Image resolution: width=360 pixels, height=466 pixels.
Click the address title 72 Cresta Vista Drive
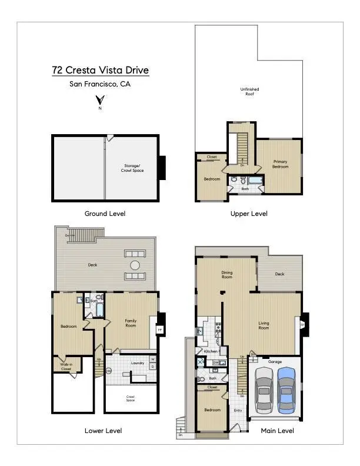click(100, 71)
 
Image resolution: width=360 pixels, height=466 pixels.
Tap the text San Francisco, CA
click(100, 84)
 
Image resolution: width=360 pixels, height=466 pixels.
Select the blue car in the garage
click(286, 389)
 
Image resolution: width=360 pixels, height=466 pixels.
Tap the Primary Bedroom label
click(281, 164)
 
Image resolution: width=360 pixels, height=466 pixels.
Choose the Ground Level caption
click(105, 214)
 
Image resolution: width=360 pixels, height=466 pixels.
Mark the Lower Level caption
click(104, 431)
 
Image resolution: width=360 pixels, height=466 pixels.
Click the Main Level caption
click(278, 431)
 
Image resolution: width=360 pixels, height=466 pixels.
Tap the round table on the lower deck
click(135, 265)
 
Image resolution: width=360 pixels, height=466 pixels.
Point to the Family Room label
click(131, 323)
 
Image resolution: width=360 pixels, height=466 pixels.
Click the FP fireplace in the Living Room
click(302, 324)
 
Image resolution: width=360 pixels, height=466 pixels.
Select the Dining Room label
click(227, 274)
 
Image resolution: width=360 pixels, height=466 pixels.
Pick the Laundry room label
click(138, 363)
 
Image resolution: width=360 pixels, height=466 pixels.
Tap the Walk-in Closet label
click(66, 366)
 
